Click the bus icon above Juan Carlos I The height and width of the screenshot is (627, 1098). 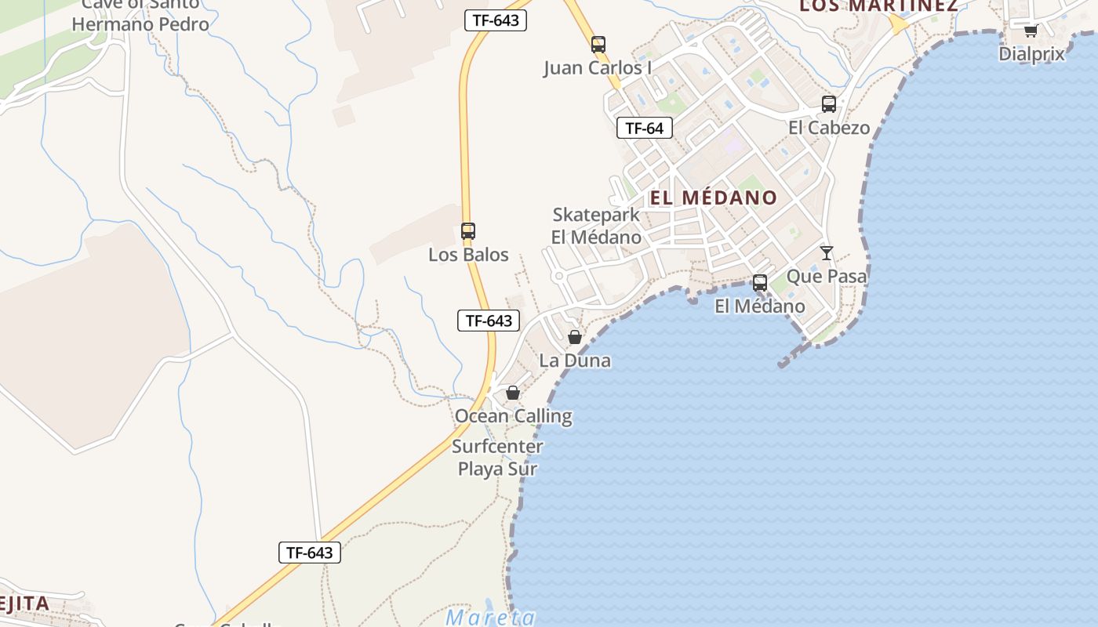(598, 45)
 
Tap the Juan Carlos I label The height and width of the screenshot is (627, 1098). (598, 68)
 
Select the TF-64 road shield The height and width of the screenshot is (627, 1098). (645, 128)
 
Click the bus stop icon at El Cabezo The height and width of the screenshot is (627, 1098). (829, 103)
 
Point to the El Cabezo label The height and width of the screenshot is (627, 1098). (829, 128)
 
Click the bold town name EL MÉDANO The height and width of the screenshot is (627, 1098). (714, 198)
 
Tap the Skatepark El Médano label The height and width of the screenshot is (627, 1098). (596, 226)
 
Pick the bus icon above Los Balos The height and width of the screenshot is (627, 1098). (468, 231)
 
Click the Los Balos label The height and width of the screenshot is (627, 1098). (468, 255)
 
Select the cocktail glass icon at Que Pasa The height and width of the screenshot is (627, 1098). (827, 252)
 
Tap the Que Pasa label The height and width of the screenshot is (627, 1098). (827, 276)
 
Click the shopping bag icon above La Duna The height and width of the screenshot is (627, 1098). (575, 337)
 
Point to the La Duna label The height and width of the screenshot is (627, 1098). (575, 361)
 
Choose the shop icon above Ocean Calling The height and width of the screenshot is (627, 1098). (513, 393)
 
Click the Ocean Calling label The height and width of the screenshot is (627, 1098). (514, 415)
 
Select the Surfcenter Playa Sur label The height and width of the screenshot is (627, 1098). (497, 458)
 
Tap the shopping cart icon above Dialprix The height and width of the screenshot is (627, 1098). (1031, 31)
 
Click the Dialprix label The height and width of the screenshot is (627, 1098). (1031, 54)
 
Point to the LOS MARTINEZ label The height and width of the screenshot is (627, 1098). (878, 6)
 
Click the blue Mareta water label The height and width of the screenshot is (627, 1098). (491, 618)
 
